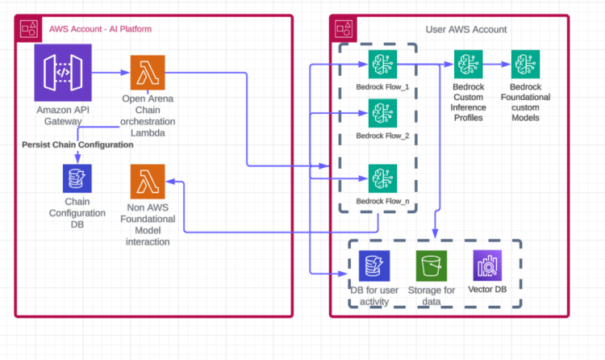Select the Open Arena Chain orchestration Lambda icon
pyautogui.click(x=148, y=73)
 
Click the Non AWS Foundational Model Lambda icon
pyautogui.click(x=148, y=181)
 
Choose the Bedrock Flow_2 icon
pyautogui.click(x=382, y=113)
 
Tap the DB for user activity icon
pyautogui.click(x=373, y=266)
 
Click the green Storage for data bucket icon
pyautogui.click(x=432, y=266)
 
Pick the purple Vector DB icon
pyautogui.click(x=487, y=266)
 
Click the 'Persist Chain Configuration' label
pyautogui.click(x=77, y=144)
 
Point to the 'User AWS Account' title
pyautogui.click(x=466, y=29)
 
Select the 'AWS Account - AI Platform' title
pyautogui.click(x=101, y=29)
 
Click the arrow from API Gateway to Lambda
pyautogui.click(x=111, y=73)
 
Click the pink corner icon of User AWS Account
pyautogui.click(x=344, y=28)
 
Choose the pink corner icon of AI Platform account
pyautogui.click(x=28, y=28)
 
